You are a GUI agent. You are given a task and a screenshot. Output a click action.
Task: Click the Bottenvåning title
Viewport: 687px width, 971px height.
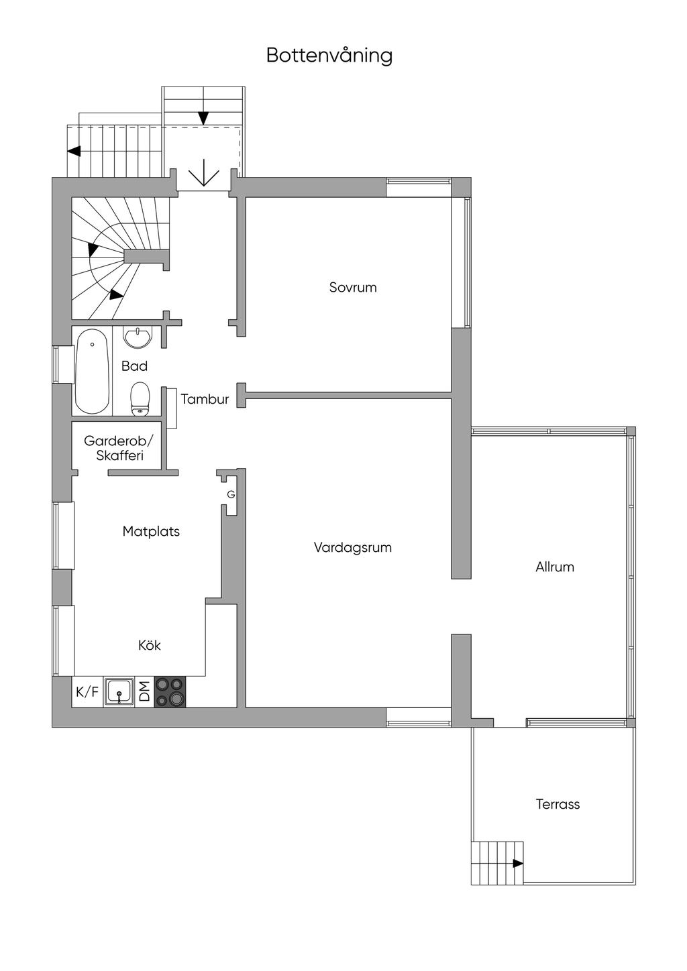(x=329, y=56)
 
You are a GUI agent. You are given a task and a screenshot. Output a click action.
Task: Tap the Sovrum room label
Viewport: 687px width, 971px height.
(x=353, y=288)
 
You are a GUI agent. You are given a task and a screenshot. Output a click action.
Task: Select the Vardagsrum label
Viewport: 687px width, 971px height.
(x=353, y=547)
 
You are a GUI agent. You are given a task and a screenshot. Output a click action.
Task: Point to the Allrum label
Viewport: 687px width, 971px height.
(x=555, y=567)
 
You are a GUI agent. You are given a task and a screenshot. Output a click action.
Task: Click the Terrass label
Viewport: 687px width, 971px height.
(x=558, y=804)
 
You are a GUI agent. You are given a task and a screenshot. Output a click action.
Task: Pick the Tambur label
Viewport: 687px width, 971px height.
(x=205, y=399)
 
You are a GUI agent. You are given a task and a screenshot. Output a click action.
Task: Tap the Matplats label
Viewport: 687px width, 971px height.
(x=151, y=532)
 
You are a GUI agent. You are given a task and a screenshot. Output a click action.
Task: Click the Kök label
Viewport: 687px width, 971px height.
(x=149, y=645)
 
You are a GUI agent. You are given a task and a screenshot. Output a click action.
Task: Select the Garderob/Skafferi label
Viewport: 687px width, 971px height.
(x=119, y=448)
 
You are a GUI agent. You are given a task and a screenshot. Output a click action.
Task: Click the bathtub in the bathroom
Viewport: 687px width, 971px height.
(x=92, y=372)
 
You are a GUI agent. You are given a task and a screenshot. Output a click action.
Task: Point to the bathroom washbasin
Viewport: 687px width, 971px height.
(x=138, y=337)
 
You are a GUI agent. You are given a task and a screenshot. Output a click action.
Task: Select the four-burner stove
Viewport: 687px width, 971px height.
(x=170, y=692)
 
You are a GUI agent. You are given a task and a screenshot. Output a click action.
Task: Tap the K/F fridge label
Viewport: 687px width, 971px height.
(x=87, y=692)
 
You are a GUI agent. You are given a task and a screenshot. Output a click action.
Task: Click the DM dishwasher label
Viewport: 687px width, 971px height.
(x=144, y=691)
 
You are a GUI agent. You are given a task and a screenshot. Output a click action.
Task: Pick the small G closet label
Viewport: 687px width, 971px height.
(x=231, y=494)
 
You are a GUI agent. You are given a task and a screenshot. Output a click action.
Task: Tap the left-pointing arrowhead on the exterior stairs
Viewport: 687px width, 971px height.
(x=74, y=151)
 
